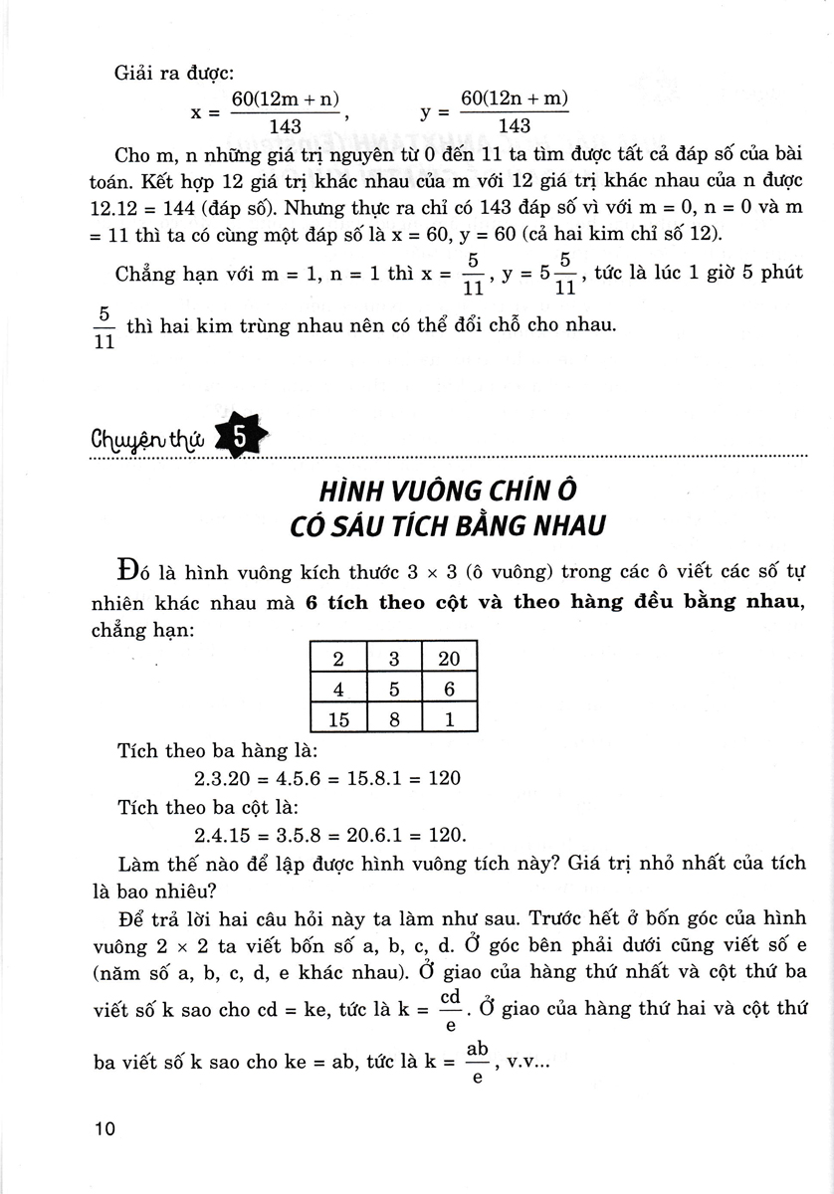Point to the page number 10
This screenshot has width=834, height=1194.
[104, 1129]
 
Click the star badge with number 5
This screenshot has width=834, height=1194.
[240, 435]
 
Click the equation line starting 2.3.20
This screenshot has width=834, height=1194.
[327, 778]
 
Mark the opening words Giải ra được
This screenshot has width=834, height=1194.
[158, 71]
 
